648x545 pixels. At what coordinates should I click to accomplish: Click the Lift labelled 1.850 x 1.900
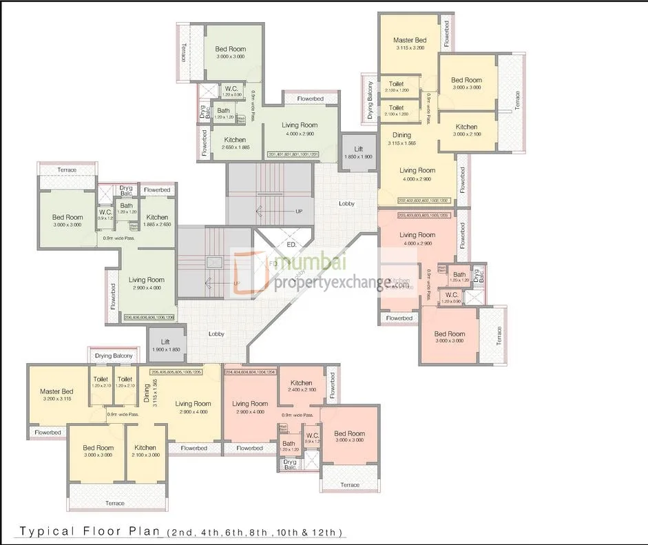tap(358, 152)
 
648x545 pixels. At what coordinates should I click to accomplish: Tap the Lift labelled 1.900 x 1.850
tap(165, 345)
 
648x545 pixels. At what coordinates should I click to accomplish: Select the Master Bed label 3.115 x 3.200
tap(410, 43)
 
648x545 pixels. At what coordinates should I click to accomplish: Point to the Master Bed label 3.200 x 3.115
tap(56, 395)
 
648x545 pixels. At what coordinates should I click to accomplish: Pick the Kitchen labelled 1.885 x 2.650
tap(156, 220)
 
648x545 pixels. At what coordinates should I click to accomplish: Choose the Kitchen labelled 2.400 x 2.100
tap(301, 386)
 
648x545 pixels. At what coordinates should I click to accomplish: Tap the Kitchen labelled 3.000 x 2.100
tap(466, 130)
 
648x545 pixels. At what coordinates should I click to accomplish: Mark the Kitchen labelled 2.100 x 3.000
tap(145, 451)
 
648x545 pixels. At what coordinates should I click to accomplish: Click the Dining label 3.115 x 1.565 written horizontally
tap(401, 138)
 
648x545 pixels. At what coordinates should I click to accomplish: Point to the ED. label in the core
tap(291, 245)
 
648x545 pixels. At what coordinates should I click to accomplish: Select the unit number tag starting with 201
tap(294, 154)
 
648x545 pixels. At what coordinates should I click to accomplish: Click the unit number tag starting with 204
tap(250, 371)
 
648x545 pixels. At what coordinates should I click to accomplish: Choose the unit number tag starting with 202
tap(423, 200)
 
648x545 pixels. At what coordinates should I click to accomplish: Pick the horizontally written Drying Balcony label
tap(114, 356)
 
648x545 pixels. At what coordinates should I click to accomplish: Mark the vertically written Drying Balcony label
tap(370, 101)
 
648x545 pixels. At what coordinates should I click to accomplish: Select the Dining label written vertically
tap(145, 394)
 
